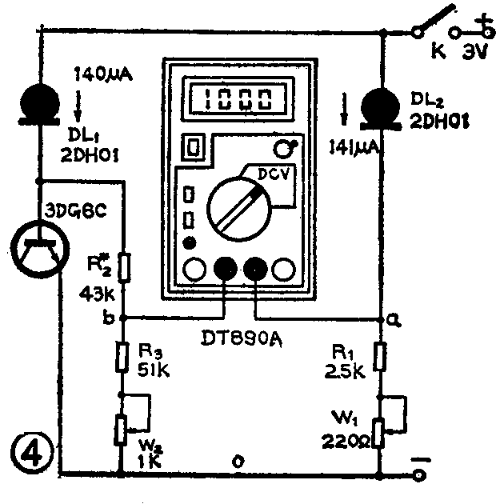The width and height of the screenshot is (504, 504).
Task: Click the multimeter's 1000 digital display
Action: [234, 99]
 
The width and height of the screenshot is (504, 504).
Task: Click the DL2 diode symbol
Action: [382, 107]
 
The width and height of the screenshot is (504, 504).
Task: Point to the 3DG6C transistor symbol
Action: [38, 245]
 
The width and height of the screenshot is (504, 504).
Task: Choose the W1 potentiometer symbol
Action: [382, 429]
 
